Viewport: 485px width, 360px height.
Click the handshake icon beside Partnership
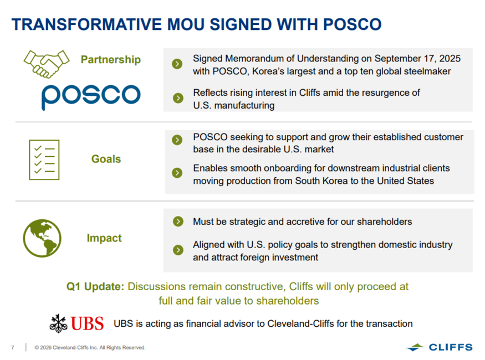(x=47, y=64)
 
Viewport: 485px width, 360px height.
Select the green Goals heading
(x=106, y=159)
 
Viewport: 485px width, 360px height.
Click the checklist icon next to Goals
(x=44, y=160)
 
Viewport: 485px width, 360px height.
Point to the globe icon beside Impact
(x=42, y=238)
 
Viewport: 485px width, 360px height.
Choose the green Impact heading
(x=104, y=238)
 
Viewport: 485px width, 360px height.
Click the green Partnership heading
(x=111, y=59)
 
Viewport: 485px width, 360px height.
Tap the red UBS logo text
(x=87, y=323)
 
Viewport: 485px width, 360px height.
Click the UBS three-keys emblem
(x=58, y=323)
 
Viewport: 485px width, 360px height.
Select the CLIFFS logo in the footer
(x=439, y=347)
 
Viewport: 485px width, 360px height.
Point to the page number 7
(x=13, y=348)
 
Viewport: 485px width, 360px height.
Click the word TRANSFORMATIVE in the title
(x=87, y=24)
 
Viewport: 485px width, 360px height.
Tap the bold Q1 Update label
(x=95, y=287)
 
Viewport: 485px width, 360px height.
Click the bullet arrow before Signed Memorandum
(x=177, y=64)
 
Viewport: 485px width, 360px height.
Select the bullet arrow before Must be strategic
(x=178, y=221)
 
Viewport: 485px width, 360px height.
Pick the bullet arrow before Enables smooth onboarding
(x=177, y=173)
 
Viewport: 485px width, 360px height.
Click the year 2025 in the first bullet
(x=450, y=58)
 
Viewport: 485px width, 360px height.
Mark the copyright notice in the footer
(x=90, y=348)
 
